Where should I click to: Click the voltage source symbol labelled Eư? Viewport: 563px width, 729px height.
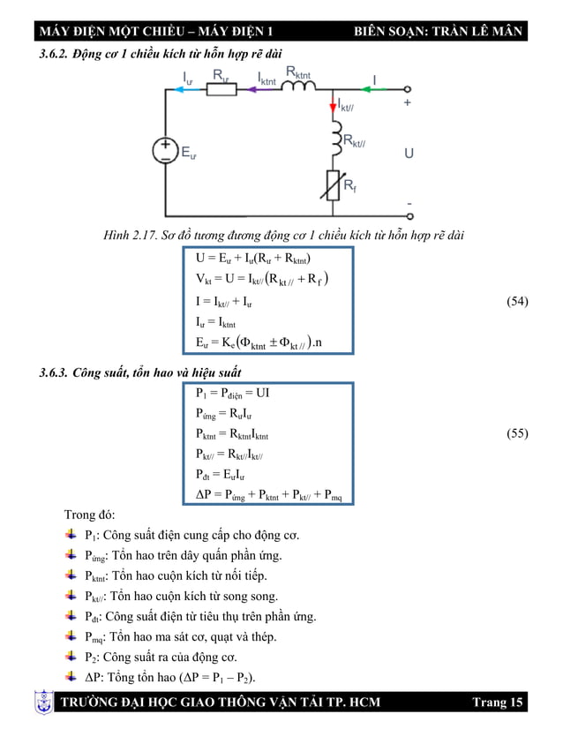pos(165,150)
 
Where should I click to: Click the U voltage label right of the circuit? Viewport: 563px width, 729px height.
pos(409,153)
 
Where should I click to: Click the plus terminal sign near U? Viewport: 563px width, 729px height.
pos(408,102)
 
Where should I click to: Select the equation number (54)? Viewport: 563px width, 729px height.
pos(516,302)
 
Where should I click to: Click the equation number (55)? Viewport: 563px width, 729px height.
pos(516,433)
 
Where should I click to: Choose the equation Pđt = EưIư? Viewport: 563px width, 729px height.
pos(221,475)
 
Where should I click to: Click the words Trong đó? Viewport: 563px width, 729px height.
pos(90,515)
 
